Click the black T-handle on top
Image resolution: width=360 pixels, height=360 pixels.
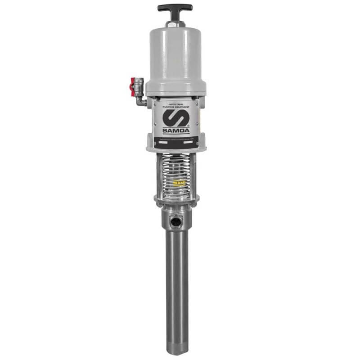coord(175,8)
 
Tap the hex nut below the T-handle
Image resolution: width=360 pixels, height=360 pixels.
coord(175,22)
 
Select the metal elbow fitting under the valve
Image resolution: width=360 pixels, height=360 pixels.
coord(142,101)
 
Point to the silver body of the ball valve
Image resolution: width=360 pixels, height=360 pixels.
coord(139,85)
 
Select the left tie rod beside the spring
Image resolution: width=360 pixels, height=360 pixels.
coord(159,175)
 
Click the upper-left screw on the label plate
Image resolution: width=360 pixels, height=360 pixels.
coord(155,103)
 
